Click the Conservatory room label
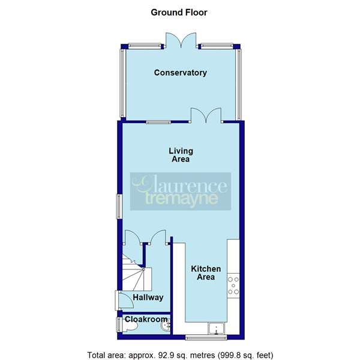pyautogui.click(x=180, y=73)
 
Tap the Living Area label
pyautogui.click(x=180, y=155)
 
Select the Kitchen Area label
pyautogui.click(x=206, y=273)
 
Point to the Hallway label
pyautogui.click(x=149, y=298)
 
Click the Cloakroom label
pyautogui.click(x=146, y=320)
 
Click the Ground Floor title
pyautogui.click(x=179, y=12)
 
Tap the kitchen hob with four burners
pyautogui.click(x=233, y=286)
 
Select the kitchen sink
pyautogui.click(x=215, y=328)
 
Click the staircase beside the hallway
pyautogui.click(x=136, y=273)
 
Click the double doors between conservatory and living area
pyautogui.click(x=206, y=115)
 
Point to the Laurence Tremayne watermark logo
pyautogui.click(x=180, y=191)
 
